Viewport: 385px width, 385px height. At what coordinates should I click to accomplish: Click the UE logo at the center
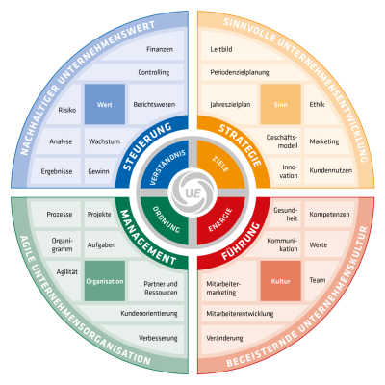[192, 192]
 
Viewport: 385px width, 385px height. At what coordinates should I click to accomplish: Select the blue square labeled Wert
[105, 104]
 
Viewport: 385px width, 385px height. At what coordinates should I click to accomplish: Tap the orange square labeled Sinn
[280, 104]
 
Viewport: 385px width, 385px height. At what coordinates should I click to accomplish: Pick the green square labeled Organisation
[105, 281]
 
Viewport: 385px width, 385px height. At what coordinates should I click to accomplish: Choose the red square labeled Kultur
[280, 281]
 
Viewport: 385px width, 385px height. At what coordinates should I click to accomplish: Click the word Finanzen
[160, 49]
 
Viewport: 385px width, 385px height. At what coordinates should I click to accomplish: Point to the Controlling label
[154, 72]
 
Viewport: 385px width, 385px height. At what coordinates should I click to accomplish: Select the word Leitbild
[221, 49]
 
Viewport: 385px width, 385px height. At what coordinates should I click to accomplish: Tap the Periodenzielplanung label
[240, 72]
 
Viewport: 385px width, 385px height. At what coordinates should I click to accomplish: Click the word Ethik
[317, 104]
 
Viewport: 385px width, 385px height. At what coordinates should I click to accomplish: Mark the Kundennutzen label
[331, 170]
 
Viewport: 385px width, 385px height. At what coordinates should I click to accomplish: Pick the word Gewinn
[98, 171]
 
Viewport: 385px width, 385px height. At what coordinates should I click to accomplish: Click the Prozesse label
[60, 214]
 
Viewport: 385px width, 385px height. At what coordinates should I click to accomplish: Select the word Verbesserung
[158, 338]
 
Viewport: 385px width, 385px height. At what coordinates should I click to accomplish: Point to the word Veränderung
[224, 338]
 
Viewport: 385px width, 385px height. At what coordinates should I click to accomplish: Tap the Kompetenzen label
[329, 215]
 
